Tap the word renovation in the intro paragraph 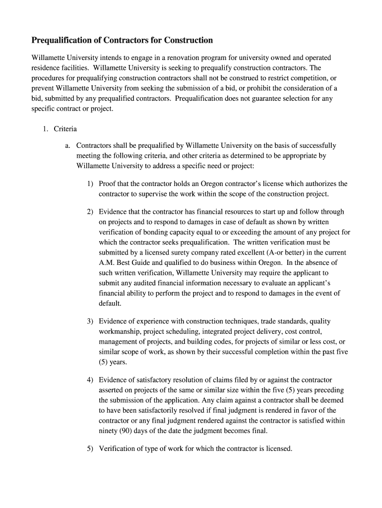pyautogui.click(x=185, y=58)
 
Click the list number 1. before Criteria pyautogui.click(x=45, y=129)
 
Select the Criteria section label pyautogui.click(x=65, y=129)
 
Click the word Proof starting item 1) pyautogui.click(x=108, y=184)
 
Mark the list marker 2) pyautogui.click(x=90, y=212)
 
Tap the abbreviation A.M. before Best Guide pyautogui.click(x=107, y=262)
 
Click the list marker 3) pyautogui.click(x=90, y=321)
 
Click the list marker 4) pyautogui.click(x=90, y=380)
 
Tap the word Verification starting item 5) pyautogui.click(x=118, y=449)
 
